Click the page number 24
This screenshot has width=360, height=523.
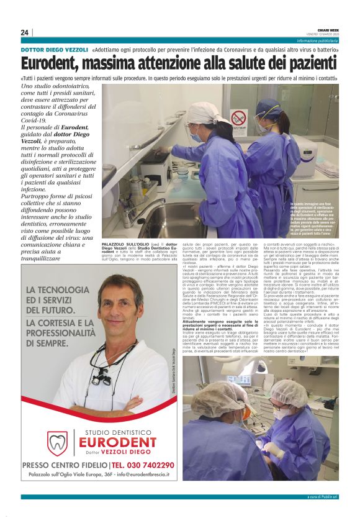24,32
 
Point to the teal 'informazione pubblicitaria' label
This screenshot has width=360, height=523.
317,41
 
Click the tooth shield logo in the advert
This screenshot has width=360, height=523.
57,442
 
